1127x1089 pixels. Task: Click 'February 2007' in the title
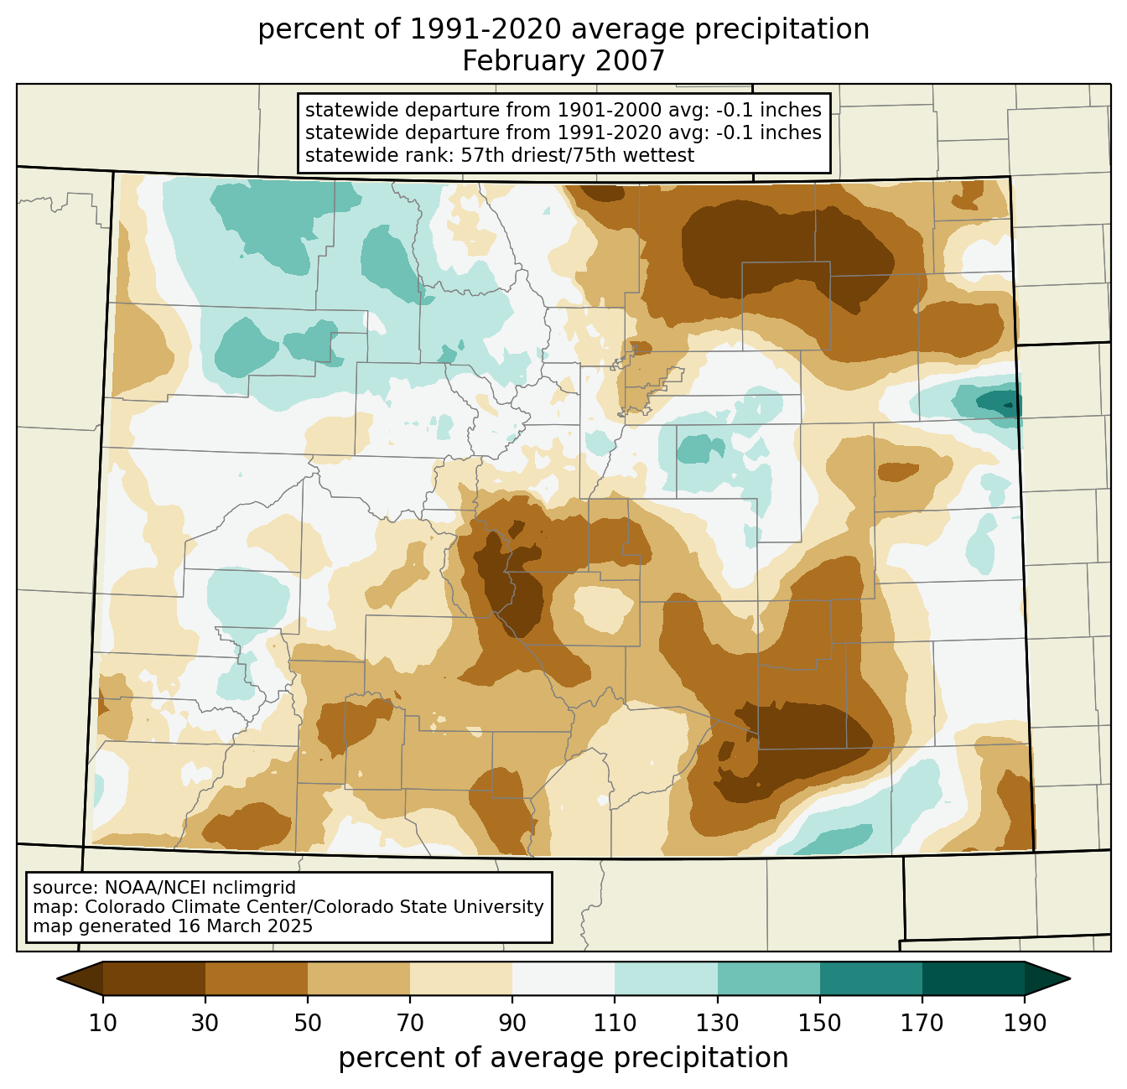coord(563,61)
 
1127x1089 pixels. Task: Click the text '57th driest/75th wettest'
coord(578,155)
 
